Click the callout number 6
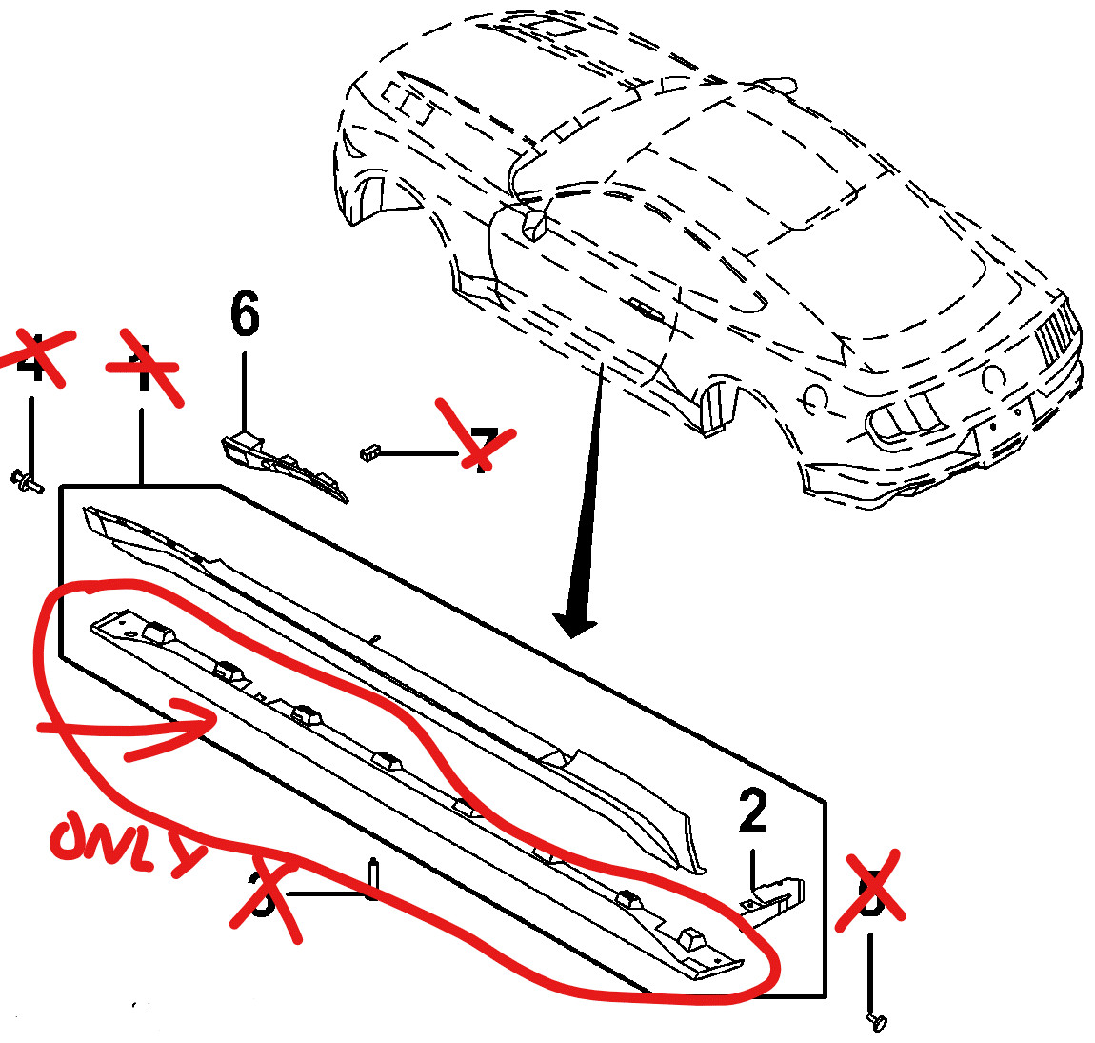coord(245,314)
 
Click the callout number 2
coord(753,812)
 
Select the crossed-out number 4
coord(34,357)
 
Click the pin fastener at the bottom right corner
coord(877,1021)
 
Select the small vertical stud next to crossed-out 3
coord(372,878)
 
